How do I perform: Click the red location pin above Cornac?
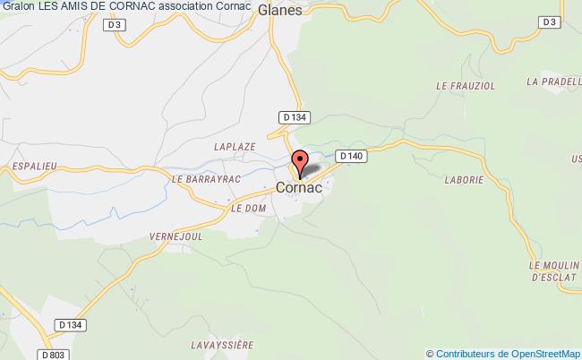tap(301, 163)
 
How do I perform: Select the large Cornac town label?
tap(299, 188)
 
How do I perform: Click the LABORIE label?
tap(464, 180)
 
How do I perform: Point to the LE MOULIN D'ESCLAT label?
tap(553, 271)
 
